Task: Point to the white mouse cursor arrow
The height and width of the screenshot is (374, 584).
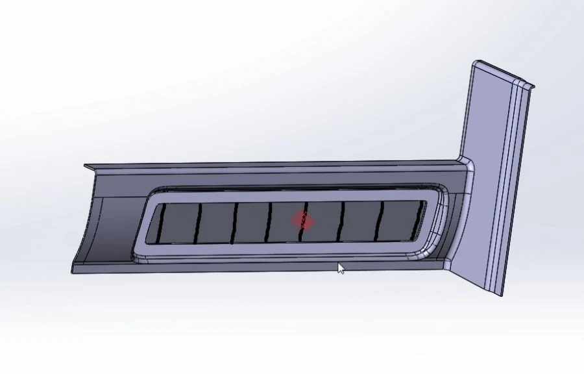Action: [341, 268]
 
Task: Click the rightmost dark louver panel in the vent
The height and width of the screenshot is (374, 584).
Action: [404, 218]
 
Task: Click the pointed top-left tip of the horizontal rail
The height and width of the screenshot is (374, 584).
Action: [85, 167]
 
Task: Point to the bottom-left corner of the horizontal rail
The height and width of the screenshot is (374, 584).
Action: [72, 270]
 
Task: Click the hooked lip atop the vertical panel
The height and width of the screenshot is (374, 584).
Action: [529, 83]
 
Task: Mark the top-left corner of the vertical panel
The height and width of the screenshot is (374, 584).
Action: [474, 63]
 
